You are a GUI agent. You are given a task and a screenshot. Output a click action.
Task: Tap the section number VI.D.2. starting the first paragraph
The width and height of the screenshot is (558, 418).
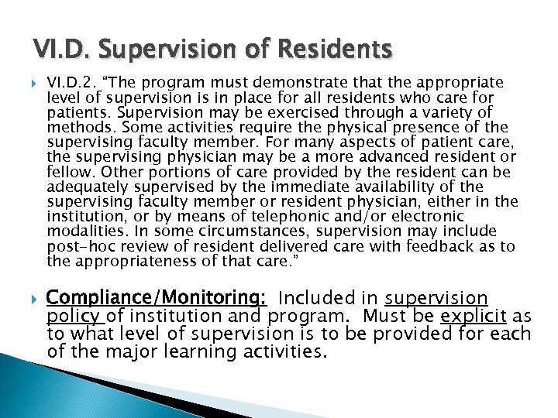click(x=71, y=82)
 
